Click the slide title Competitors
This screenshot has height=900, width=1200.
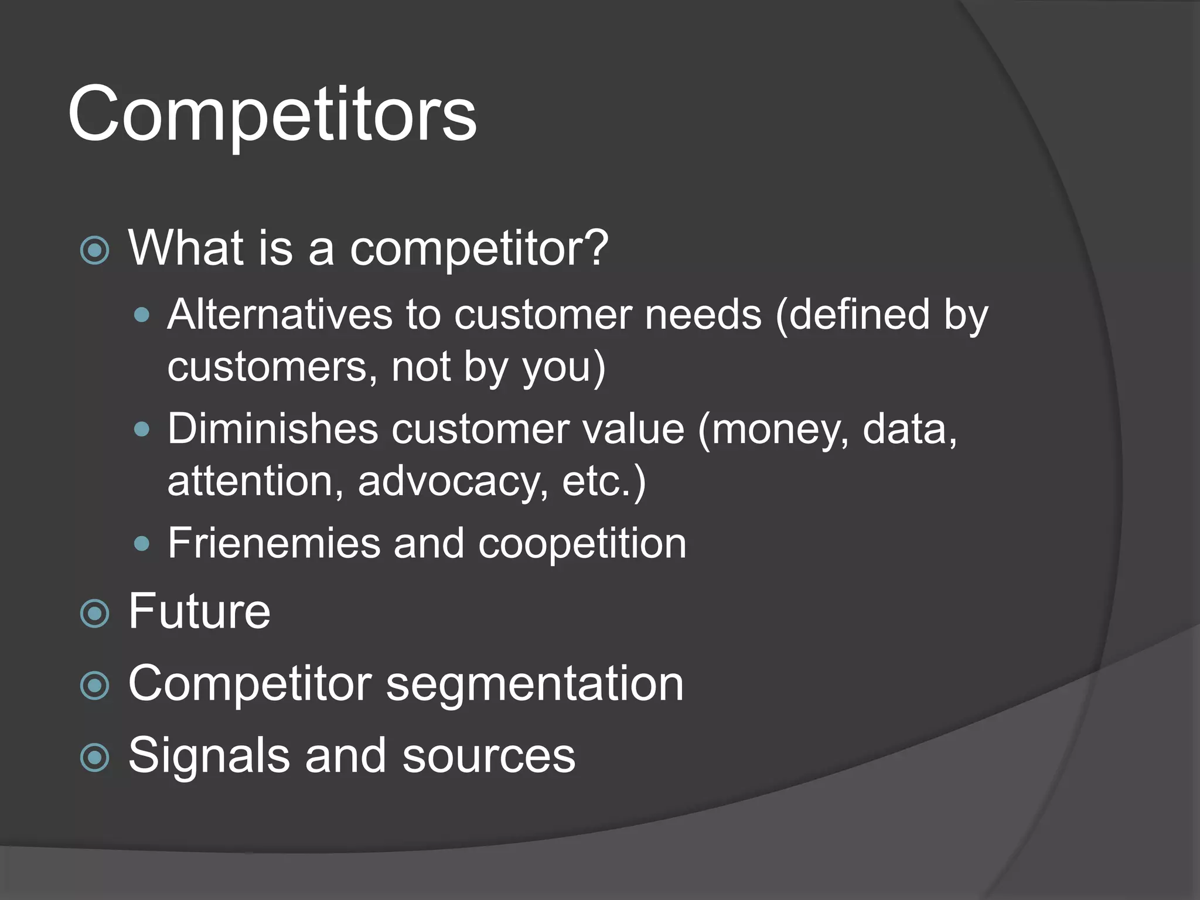point(272,114)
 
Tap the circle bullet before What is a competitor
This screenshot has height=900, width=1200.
point(94,251)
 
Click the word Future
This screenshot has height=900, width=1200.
point(199,611)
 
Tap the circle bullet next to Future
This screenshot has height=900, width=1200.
point(94,614)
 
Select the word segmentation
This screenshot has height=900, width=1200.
point(534,684)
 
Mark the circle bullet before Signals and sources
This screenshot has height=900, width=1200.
point(94,758)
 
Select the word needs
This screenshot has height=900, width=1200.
point(703,315)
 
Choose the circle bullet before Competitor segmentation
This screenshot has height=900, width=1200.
point(94,686)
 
